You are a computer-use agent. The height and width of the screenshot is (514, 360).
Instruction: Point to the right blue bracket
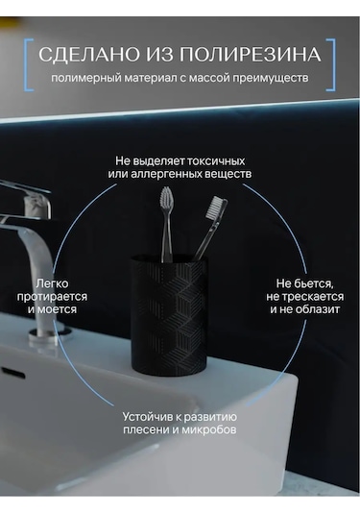[x=333, y=64]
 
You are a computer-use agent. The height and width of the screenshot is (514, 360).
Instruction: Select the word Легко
[x=52, y=283]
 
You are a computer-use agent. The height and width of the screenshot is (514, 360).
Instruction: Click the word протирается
[x=52, y=297]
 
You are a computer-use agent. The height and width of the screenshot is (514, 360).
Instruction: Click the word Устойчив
[x=148, y=417]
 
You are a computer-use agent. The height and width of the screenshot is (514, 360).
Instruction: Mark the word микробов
[x=209, y=429]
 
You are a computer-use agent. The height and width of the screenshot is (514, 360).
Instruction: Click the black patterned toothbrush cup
[x=169, y=315]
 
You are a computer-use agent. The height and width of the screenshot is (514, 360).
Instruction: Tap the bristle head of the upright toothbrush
[x=166, y=200]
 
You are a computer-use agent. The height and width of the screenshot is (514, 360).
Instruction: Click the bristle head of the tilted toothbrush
[x=217, y=207]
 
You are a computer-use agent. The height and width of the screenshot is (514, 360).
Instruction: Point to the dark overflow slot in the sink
[x=13, y=373]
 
